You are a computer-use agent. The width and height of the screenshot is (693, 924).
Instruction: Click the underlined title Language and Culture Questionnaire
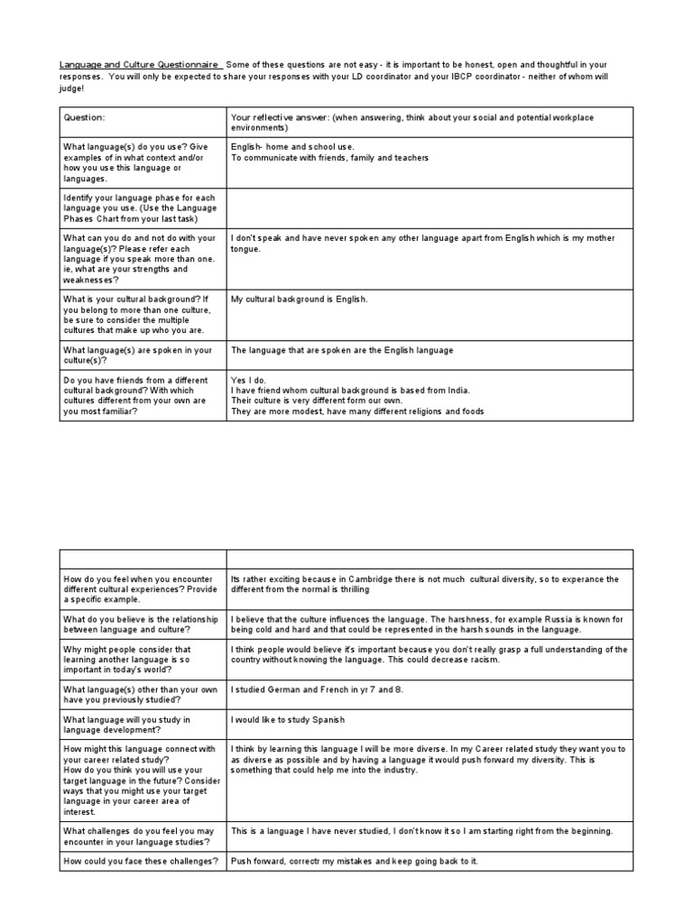tap(140, 65)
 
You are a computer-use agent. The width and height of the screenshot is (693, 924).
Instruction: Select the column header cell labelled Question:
tap(84, 117)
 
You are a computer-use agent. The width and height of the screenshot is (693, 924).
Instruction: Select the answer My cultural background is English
tap(300, 300)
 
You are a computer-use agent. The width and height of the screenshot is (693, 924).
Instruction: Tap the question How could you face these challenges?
tap(141, 861)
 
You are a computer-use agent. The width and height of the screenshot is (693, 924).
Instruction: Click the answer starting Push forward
tap(354, 861)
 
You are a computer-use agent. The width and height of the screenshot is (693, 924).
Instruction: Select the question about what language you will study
tap(126, 725)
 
